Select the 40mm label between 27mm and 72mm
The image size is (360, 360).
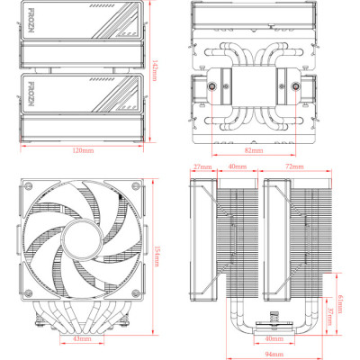coord(238,167)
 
